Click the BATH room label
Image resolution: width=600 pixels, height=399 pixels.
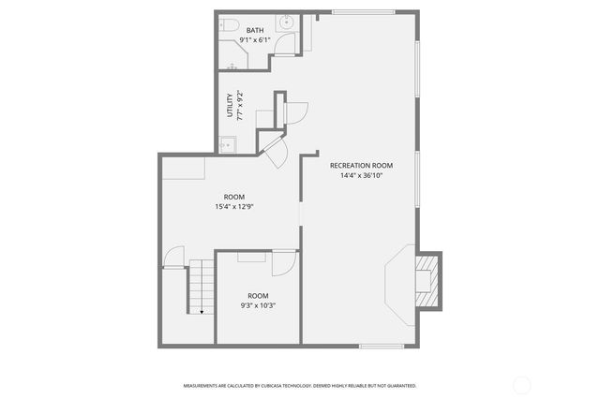[255, 31]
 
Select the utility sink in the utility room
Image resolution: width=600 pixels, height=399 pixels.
[226, 143]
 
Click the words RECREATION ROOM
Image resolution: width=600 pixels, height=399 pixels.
[361, 165]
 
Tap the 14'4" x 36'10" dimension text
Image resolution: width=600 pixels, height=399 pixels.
[361, 175]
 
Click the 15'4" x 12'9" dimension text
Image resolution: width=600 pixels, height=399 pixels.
[234, 207]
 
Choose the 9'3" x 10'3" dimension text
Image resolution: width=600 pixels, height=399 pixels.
[258, 305]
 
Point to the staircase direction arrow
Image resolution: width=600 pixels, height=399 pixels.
[202, 311]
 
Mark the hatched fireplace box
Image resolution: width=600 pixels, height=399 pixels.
[428, 280]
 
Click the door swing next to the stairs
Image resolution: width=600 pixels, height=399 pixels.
[173, 258]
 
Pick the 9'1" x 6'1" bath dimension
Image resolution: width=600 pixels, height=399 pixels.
[255, 41]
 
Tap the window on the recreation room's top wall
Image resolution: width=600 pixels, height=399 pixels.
[362, 12]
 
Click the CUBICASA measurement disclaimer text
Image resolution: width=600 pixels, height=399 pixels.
[300, 385]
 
